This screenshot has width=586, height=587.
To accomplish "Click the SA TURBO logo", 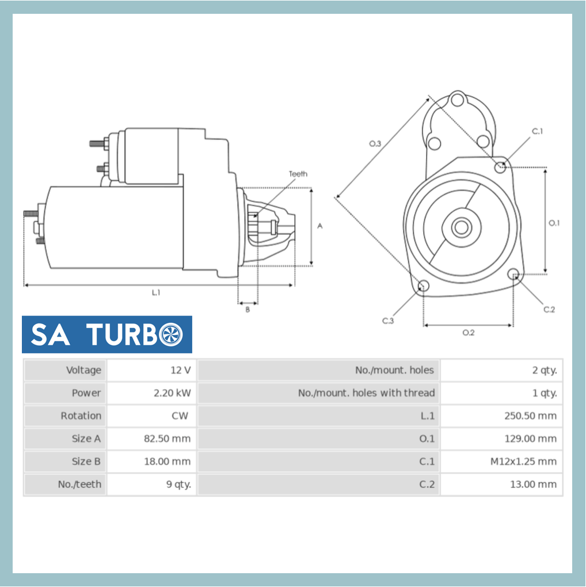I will [x=107, y=334].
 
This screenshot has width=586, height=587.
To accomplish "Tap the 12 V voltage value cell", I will [x=180, y=370].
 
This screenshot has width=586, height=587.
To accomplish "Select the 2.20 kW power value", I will [x=172, y=393].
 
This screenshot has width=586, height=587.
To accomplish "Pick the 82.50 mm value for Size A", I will [x=167, y=439].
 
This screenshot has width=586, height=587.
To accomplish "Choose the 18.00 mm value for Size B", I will [x=167, y=462].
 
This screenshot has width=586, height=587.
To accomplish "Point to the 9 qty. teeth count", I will [x=178, y=485].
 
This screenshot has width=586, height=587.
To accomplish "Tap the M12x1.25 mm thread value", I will [x=523, y=462].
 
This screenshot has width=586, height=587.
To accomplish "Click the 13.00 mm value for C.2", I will [x=533, y=485].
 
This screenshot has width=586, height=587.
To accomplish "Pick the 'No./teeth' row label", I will [x=79, y=485].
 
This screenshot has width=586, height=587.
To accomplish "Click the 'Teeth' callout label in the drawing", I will [x=298, y=174].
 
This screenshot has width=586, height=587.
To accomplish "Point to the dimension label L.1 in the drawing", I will [x=156, y=292].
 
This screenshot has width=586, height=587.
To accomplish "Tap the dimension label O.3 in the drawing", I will [x=375, y=143].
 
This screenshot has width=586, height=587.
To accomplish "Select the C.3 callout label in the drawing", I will [x=388, y=321].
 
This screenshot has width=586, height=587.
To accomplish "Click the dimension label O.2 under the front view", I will [x=469, y=333].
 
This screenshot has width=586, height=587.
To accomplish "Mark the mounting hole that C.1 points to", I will [x=500, y=167].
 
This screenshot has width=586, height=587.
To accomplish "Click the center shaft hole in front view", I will [x=461, y=227].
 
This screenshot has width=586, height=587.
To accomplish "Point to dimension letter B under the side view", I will [x=248, y=310].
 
